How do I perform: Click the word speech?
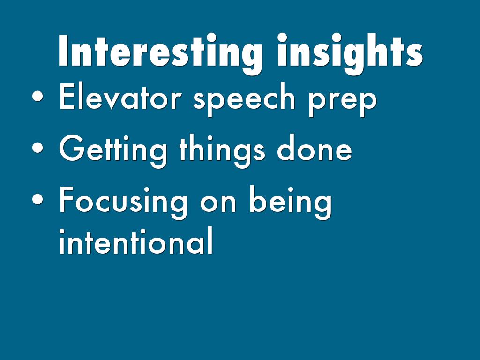point(244,99)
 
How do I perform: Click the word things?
point(222,150)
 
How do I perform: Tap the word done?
point(315,147)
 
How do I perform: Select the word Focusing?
point(123,202)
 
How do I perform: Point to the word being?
point(291,202)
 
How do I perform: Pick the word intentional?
point(136,240)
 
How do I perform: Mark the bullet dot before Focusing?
point(37,199)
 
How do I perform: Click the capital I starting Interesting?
point(63,51)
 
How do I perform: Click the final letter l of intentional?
point(210,240)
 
